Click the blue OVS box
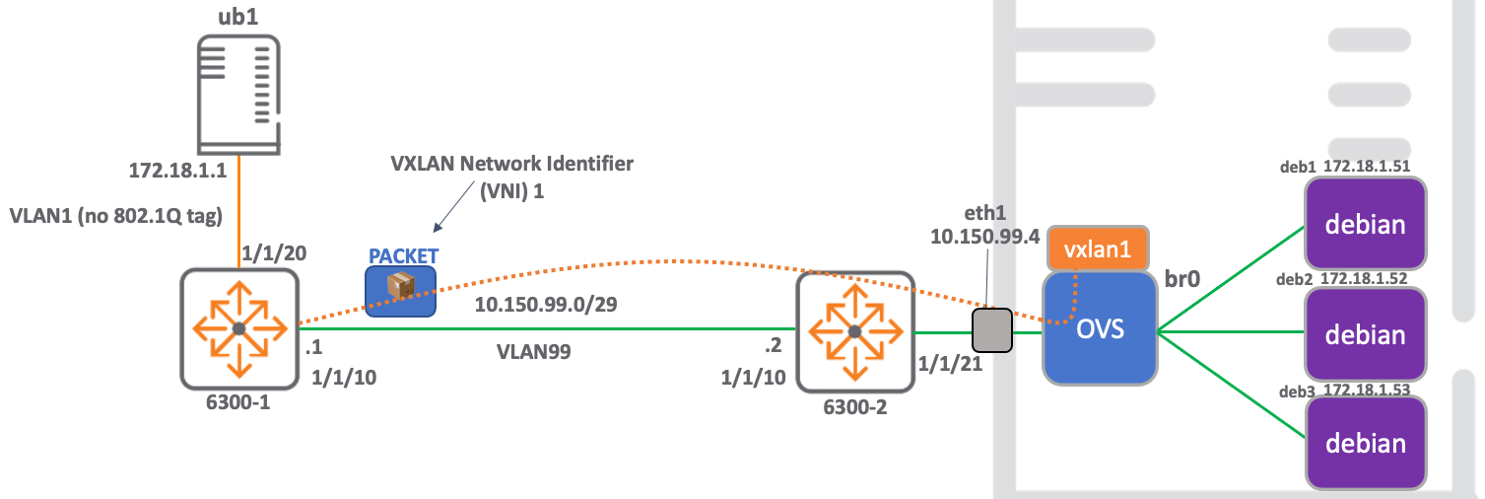click(1099, 328)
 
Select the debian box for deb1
click(1365, 224)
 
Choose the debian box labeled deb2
click(1365, 334)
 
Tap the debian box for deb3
click(1365, 443)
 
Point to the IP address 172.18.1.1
click(178, 171)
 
